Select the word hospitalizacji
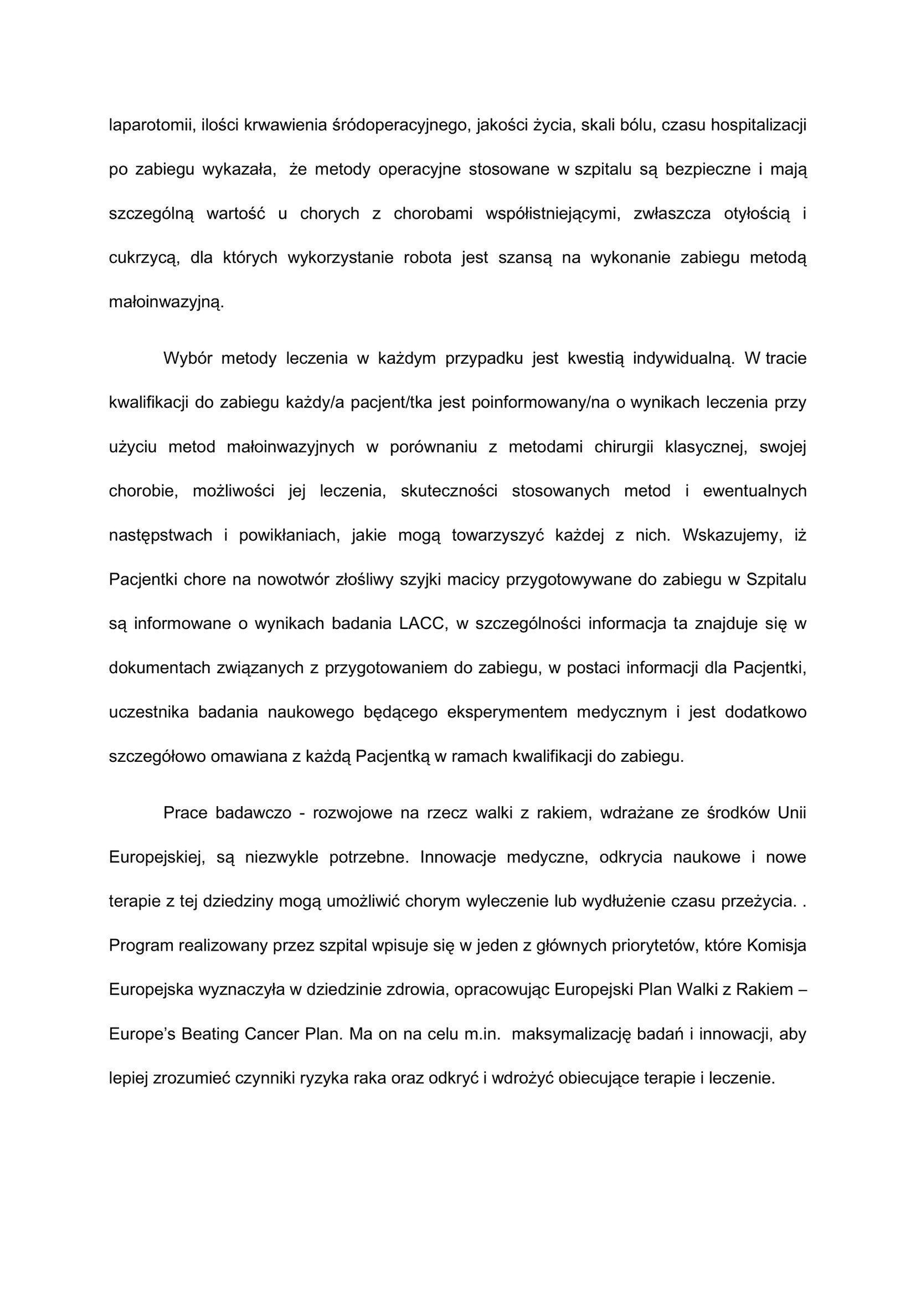tap(758, 125)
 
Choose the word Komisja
tap(775, 946)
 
